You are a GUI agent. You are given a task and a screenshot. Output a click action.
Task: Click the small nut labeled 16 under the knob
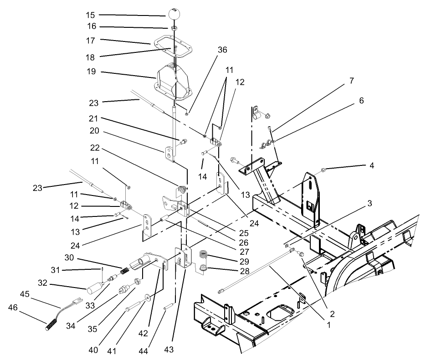click(x=174, y=28)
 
